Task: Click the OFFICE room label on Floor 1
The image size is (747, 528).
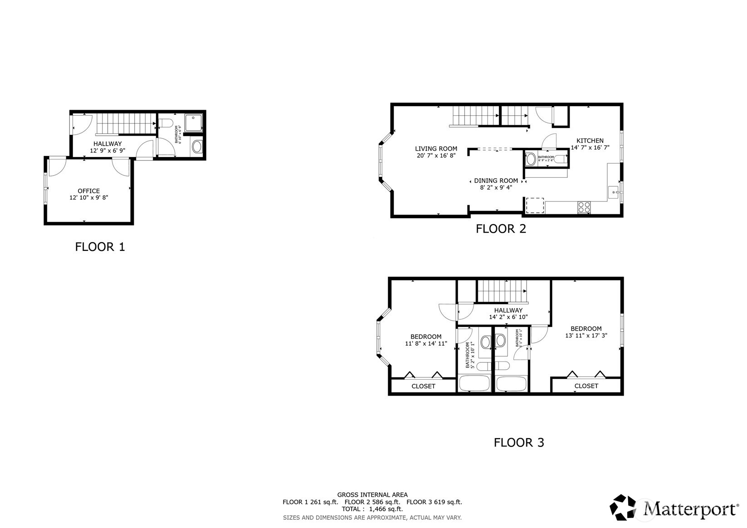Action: [88, 191]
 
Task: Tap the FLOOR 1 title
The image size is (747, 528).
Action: [100, 247]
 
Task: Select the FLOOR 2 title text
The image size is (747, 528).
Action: [501, 229]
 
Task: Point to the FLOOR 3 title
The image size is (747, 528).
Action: [518, 442]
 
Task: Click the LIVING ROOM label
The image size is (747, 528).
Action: [436, 148]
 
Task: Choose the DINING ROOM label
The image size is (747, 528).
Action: [496, 181]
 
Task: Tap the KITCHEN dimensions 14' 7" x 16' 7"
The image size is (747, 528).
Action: [590, 147]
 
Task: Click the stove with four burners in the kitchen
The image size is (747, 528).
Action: [584, 207]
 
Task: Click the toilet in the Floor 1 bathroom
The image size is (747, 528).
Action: [165, 123]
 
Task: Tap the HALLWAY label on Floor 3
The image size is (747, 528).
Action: [508, 310]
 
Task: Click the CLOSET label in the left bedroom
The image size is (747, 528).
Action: [423, 386]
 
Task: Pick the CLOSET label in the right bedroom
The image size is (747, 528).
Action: [586, 386]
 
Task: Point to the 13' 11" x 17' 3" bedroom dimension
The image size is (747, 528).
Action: [586, 336]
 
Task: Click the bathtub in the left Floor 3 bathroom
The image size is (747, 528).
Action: [474, 383]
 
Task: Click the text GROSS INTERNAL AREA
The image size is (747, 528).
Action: [372, 495]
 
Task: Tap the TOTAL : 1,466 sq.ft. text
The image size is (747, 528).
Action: [372, 509]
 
